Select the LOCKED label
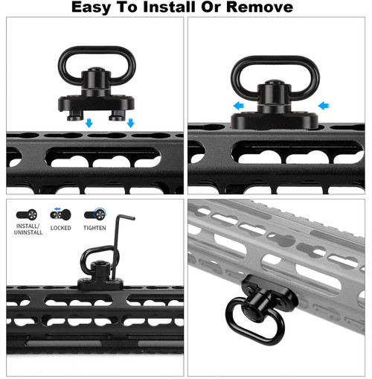pos(60,228)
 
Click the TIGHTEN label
pos(94,228)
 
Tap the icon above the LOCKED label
pos(60,214)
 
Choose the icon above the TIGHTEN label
pos(94,214)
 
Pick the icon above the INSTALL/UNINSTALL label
pos(28,214)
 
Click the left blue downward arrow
pos(89,122)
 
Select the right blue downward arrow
pos(129,122)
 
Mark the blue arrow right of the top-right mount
pos(321,106)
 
